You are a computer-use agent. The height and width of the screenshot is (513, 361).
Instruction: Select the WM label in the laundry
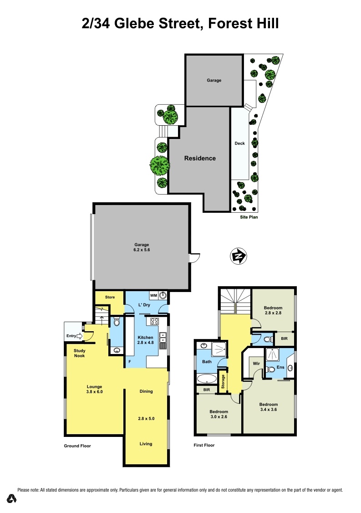click(153, 295)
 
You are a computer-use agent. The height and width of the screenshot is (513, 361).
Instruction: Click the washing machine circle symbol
click(163, 295)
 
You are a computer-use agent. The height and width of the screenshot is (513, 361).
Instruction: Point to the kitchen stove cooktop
click(154, 321)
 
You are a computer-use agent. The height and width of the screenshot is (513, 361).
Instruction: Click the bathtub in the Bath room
click(208, 378)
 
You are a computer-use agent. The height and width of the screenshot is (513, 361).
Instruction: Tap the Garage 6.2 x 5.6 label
click(141, 247)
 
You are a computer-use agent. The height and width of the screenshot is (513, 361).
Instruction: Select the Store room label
click(110, 297)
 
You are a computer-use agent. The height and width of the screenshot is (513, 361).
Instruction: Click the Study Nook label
click(80, 353)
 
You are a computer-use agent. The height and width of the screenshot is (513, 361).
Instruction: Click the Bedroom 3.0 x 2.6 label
click(219, 414)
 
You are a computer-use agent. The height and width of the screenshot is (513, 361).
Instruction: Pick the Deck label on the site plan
click(239, 143)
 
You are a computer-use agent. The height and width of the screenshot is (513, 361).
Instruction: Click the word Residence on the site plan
click(200, 159)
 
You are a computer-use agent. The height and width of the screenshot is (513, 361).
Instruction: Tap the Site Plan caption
click(249, 218)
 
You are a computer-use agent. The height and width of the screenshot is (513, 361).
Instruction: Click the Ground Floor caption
click(77, 446)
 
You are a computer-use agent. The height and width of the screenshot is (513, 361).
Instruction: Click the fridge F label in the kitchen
click(130, 362)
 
